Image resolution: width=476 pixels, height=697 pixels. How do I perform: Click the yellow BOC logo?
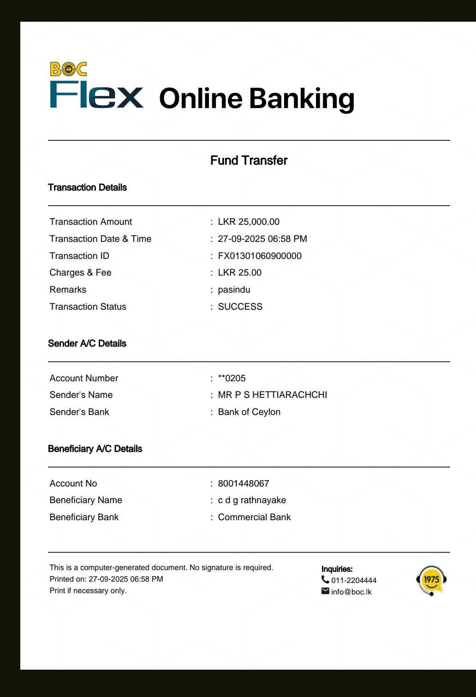pos(68,69)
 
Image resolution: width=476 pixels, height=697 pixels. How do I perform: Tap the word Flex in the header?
pos(96,96)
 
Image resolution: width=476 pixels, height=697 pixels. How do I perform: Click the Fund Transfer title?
pos(249,160)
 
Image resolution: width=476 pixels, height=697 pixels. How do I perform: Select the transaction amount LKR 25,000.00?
pos(249,222)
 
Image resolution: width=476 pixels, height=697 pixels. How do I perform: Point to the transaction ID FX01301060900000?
pos(260,256)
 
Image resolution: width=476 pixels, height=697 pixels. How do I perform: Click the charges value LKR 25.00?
pos(239,272)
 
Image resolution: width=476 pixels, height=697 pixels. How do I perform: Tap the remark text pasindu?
pos(234,289)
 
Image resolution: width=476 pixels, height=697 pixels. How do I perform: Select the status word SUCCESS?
pos(240,306)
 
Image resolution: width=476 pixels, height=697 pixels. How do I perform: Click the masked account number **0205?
pos(232,378)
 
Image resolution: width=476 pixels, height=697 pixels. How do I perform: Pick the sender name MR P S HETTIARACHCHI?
pos(272,395)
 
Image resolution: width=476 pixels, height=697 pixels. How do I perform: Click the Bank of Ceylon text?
pos(249,412)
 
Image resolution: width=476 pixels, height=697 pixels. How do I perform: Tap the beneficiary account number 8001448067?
pos(243,483)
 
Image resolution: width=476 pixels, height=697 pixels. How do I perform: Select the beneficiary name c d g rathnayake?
pos(252,500)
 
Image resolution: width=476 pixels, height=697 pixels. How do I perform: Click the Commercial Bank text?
pos(254,517)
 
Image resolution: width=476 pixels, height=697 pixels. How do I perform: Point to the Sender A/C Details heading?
pos(87,343)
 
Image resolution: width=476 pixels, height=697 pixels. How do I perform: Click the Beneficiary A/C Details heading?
pos(95,449)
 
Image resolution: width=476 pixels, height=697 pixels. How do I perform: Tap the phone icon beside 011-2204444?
pos(325,580)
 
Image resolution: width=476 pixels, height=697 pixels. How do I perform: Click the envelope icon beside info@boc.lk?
pos(325,591)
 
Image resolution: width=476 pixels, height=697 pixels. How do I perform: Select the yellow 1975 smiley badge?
pos(431,580)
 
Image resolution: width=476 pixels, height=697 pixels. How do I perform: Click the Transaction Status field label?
pos(88,306)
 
